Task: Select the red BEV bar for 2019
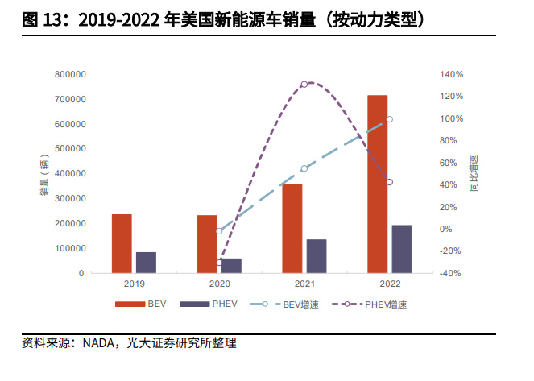pyautogui.click(x=122, y=243)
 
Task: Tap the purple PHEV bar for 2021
pyautogui.click(x=317, y=256)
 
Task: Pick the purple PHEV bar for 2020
pyautogui.click(x=231, y=266)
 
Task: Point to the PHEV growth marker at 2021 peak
pyautogui.click(x=304, y=84)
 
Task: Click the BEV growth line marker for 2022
pyautogui.click(x=389, y=119)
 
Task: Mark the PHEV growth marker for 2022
pyautogui.click(x=389, y=182)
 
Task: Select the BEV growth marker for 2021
pyautogui.click(x=304, y=168)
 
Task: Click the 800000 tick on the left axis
pyautogui.click(x=68, y=74)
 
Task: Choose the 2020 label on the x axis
pyautogui.click(x=219, y=284)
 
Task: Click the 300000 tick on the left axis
pyautogui.click(x=68, y=198)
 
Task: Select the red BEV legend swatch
pyautogui.click(x=128, y=305)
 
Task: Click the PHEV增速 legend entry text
pyautogui.click(x=385, y=305)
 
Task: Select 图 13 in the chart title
pyautogui.click(x=41, y=19)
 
